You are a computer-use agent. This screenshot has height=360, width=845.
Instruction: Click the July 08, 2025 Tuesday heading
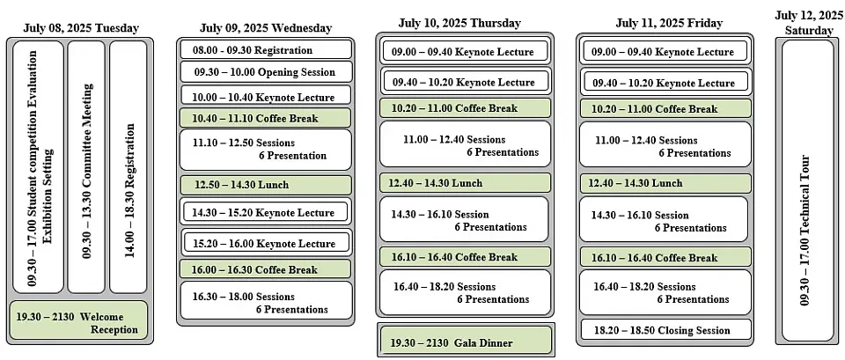pyautogui.click(x=81, y=28)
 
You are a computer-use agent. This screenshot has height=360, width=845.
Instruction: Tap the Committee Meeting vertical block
pyautogui.click(x=86, y=167)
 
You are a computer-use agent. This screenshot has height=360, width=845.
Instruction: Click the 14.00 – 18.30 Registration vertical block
pyautogui.click(x=129, y=167)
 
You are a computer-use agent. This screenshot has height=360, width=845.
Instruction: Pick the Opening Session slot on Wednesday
pyautogui.click(x=266, y=71)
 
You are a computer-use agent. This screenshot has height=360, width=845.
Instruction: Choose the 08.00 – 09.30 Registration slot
pyautogui.click(x=266, y=49)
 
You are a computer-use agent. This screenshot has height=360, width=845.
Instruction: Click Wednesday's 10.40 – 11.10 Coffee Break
pyautogui.click(x=265, y=117)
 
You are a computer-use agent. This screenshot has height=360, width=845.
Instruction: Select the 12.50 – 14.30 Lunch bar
pyautogui.click(x=266, y=185)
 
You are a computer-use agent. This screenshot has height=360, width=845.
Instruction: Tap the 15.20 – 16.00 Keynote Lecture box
pyautogui.click(x=266, y=243)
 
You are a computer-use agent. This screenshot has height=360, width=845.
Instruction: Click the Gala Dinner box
pyautogui.click(x=466, y=341)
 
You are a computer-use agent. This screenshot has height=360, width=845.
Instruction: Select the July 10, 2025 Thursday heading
pyautogui.click(x=459, y=23)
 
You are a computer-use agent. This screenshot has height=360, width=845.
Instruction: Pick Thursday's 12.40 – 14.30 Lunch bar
pyautogui.click(x=466, y=183)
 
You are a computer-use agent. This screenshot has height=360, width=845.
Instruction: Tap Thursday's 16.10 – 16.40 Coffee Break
pyautogui.click(x=466, y=256)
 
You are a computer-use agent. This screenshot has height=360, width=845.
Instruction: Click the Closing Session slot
pyautogui.click(x=665, y=330)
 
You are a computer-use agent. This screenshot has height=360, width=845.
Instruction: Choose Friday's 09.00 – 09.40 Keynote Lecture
pyautogui.click(x=665, y=52)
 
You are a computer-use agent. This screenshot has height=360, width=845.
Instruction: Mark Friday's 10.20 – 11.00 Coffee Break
pyautogui.click(x=665, y=108)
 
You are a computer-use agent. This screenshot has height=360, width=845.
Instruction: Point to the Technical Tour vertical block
pyautogui.click(x=807, y=190)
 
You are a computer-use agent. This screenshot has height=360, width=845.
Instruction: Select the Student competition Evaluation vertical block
pyautogui.click(x=38, y=167)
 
